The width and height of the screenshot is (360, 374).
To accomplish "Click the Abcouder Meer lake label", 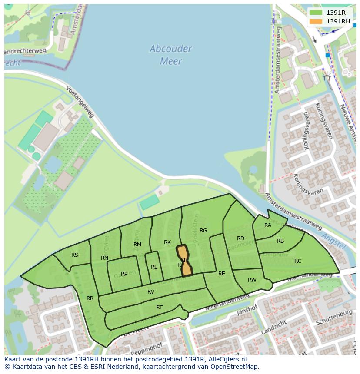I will [x=170, y=55].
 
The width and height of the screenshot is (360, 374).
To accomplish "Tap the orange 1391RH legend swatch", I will [x=316, y=21].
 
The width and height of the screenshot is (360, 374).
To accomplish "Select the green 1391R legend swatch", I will [x=316, y=13].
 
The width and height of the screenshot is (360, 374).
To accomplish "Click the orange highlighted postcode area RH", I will [x=184, y=261].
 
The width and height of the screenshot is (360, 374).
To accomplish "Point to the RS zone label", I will [x=75, y=255].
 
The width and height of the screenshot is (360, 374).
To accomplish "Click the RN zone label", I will [x=104, y=258].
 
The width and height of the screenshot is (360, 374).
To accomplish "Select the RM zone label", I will [x=137, y=245].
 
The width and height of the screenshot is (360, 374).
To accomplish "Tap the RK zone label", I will [x=167, y=242].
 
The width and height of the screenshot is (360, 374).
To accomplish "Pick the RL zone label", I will [x=154, y=267].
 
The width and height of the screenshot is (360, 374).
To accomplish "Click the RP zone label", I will [x=124, y=274].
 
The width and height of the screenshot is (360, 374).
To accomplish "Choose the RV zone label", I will [x=151, y=292].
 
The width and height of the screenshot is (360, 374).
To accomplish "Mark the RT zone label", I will [x=159, y=308].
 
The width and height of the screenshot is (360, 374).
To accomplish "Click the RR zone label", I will [x=90, y=298].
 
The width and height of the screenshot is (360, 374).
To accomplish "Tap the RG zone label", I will [x=203, y=231].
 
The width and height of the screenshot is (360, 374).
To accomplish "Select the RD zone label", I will [x=240, y=238].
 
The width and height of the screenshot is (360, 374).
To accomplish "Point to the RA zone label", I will [x=268, y=225].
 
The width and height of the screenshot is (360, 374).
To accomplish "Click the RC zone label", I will [x=298, y=261].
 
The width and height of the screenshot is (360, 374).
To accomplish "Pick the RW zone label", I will [x=252, y=280].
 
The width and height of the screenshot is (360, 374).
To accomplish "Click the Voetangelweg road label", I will [x=80, y=101].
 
